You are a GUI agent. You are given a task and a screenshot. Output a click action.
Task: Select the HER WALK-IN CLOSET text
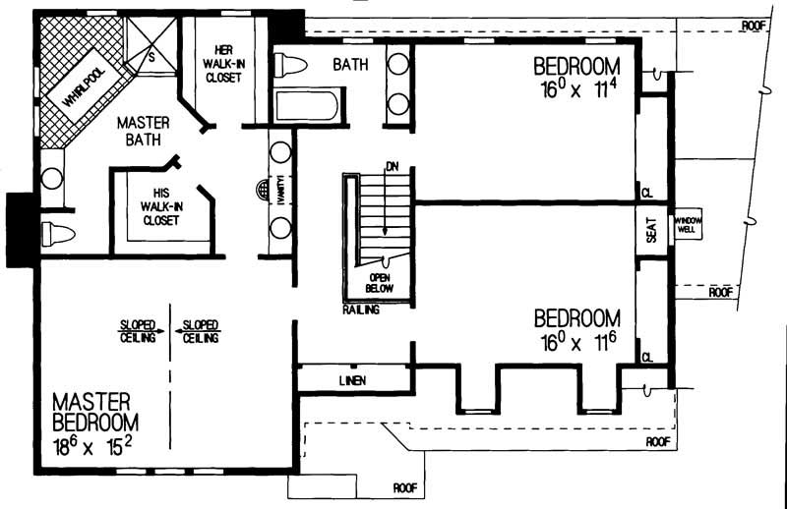224,63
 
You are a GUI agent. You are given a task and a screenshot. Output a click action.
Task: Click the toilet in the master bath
55,235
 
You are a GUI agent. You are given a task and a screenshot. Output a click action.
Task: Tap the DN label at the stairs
392,165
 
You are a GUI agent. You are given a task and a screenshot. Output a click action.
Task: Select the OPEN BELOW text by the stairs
379,283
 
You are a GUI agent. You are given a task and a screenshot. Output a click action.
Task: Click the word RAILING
362,309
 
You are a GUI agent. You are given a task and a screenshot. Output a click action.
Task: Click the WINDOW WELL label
687,226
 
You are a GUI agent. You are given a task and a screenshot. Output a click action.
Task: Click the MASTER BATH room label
144,133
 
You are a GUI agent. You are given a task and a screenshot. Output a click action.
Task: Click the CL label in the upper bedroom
646,192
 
